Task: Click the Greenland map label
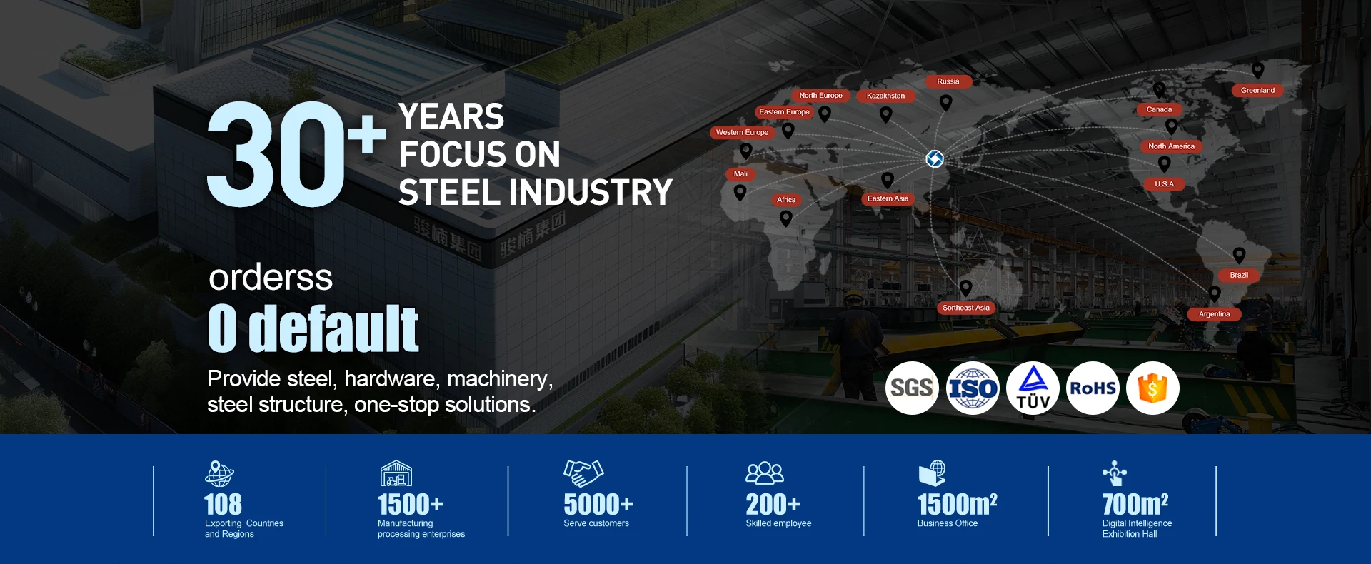[1257, 91]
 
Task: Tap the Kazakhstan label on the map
[885, 96]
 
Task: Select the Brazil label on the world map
[1239, 276]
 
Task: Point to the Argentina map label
[1214, 314]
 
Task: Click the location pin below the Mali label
[740, 192]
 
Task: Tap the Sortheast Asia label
[965, 308]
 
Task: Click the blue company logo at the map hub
[935, 158]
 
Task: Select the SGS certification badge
[912, 388]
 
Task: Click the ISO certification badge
[973, 388]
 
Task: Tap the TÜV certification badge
[1033, 388]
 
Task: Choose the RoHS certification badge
[1093, 388]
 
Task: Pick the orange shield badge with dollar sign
[1152, 388]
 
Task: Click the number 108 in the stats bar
[223, 505]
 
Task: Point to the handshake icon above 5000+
[583, 473]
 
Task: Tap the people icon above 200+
[765, 473]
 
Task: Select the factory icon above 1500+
[396, 473]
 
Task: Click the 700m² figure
[1135, 504]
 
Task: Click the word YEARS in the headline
[451, 117]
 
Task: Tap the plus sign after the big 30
[367, 134]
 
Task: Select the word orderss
[271, 278]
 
